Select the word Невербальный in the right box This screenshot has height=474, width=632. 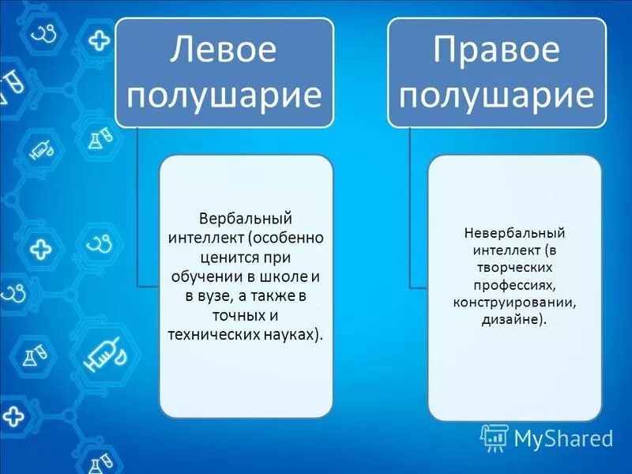pyautogui.click(x=514, y=233)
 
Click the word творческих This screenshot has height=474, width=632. pyautogui.click(x=514, y=268)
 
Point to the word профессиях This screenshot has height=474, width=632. pyautogui.click(x=514, y=285)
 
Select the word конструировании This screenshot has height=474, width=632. pyautogui.click(x=514, y=303)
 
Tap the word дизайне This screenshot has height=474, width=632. pyautogui.click(x=514, y=320)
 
